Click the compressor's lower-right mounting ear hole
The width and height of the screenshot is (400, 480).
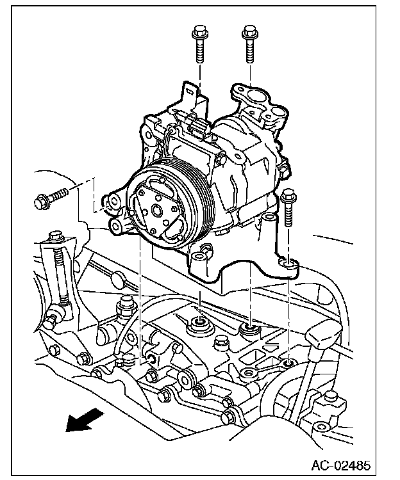coord(288,263)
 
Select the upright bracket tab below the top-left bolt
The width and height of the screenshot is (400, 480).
coord(189,96)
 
